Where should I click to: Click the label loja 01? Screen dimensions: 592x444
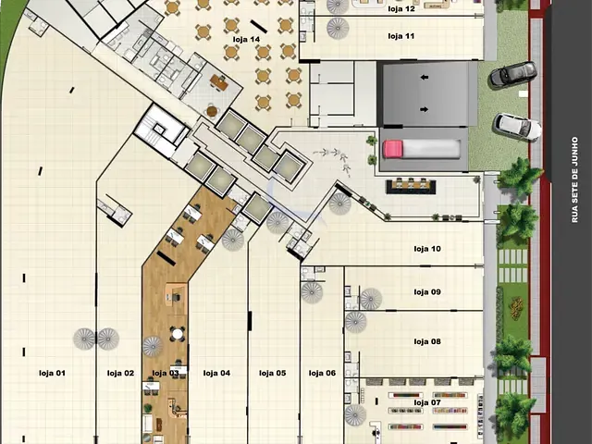pyautogui.click(x=52, y=373)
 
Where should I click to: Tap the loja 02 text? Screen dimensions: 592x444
pyautogui.click(x=120, y=373)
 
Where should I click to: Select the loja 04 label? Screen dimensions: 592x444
pyautogui.click(x=216, y=373)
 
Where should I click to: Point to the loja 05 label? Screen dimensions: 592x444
pyautogui.click(x=273, y=373)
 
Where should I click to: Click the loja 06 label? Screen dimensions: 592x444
pyautogui.click(x=322, y=373)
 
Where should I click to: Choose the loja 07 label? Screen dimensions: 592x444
pyautogui.click(x=427, y=402)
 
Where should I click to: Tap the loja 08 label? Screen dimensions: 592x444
pyautogui.click(x=427, y=341)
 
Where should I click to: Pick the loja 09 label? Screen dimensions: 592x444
pyautogui.click(x=427, y=292)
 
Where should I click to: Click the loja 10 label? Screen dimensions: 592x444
pyautogui.click(x=427, y=249)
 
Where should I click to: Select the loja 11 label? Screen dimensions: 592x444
pyautogui.click(x=401, y=36)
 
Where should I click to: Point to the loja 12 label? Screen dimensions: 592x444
pyautogui.click(x=401, y=8)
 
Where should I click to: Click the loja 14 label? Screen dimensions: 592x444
pyautogui.click(x=246, y=39)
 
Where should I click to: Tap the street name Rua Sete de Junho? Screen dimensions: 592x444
pyautogui.click(x=574, y=179)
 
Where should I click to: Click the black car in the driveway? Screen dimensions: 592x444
pyautogui.click(x=512, y=75)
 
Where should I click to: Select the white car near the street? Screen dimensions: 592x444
pyautogui.click(x=517, y=127)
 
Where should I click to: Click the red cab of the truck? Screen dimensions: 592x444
pyautogui.click(x=392, y=149)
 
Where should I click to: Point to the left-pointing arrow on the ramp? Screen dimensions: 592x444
pyautogui.click(x=425, y=78)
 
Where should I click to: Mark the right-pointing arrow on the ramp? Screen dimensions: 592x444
pyautogui.click(x=425, y=109)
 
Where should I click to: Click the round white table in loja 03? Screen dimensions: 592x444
pyautogui.click(x=177, y=334)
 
